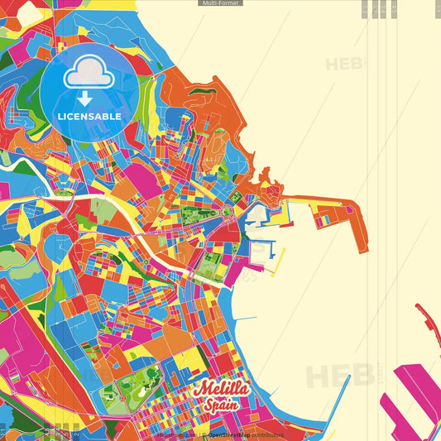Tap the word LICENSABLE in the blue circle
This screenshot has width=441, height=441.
point(89,117)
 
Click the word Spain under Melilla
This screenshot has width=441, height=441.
point(221,405)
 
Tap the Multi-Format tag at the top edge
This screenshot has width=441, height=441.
point(220,3)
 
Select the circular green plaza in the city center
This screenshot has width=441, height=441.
point(226,213)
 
